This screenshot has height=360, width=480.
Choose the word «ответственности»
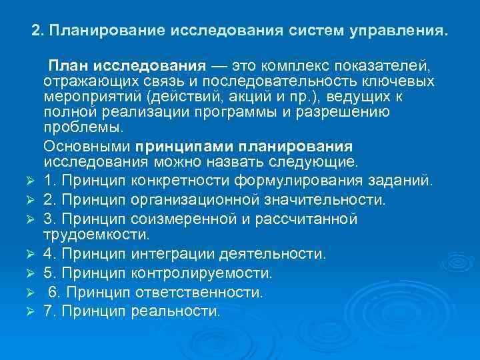[x=200, y=292]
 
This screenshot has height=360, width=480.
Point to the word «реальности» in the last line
[x=176, y=311]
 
